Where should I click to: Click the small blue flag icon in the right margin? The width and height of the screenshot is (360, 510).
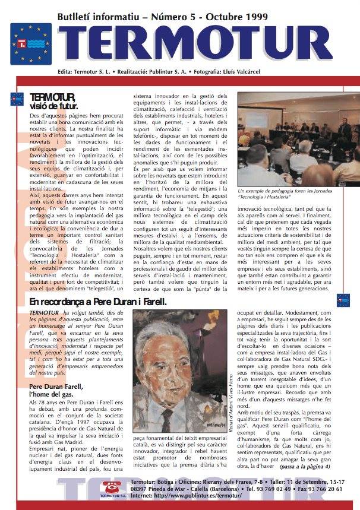coord(343,300)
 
